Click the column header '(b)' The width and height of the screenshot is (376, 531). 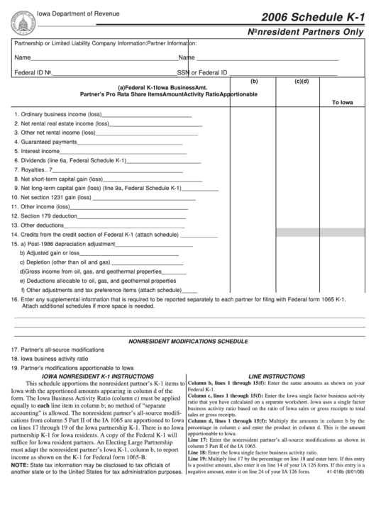click(254, 81)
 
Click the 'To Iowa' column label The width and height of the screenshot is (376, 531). click(342, 102)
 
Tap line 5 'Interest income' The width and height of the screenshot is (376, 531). click(40, 151)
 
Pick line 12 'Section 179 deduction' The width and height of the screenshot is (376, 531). click(48, 216)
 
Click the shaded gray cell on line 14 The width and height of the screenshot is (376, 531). click(301, 233)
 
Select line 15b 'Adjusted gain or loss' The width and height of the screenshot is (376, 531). click(50, 252)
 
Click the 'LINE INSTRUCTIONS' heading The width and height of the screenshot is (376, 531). click(277, 376)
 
